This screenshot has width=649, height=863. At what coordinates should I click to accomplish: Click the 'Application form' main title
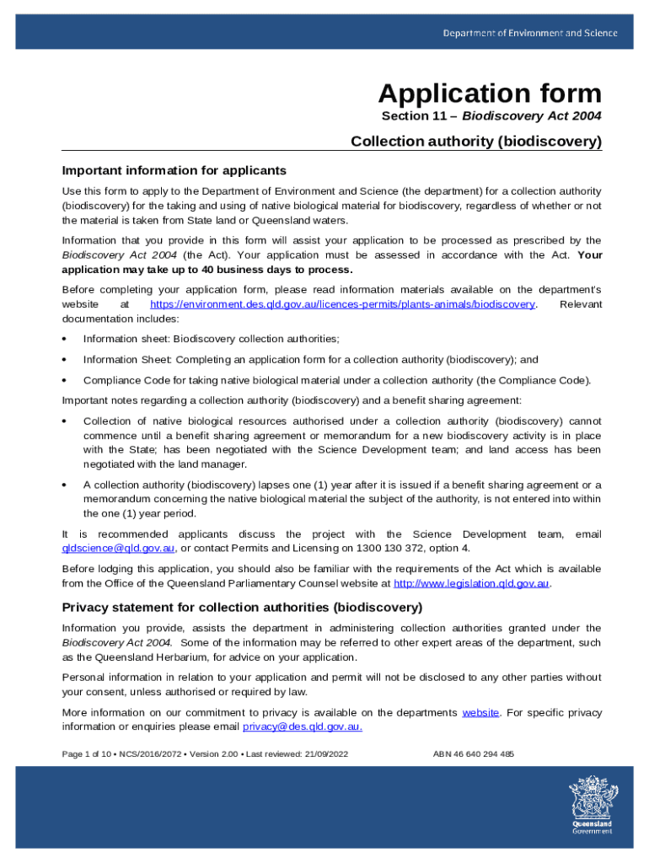coord(490,93)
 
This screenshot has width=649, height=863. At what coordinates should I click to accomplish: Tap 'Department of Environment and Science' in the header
coord(530,33)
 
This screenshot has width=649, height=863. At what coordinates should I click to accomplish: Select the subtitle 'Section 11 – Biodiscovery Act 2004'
coord(491,116)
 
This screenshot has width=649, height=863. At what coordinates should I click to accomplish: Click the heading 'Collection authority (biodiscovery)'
coord(476,142)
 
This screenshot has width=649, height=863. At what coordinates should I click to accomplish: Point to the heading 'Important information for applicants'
coord(174,170)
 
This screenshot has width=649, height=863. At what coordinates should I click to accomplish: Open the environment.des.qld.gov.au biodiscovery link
coord(342,303)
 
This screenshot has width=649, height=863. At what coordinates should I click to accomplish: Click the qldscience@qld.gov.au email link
coord(119,548)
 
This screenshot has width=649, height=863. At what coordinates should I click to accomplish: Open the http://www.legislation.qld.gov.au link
coord(471,583)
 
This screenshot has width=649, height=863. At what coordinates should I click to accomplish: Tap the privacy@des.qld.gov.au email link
coord(303,726)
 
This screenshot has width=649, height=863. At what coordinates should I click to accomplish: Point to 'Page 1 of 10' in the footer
coord(87,754)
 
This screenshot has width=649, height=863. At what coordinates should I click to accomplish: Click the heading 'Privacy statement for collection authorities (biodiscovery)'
coord(242,607)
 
